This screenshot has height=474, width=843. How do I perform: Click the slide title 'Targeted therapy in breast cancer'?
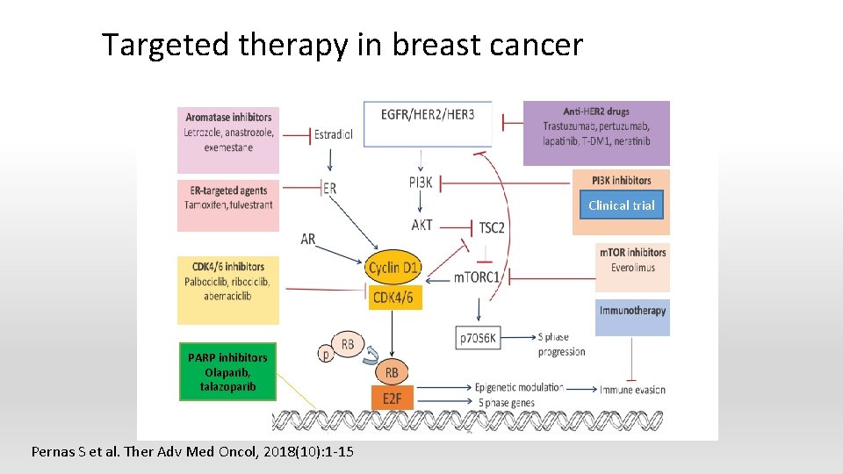[x=342, y=45]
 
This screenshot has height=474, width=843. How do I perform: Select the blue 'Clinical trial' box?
[x=621, y=205]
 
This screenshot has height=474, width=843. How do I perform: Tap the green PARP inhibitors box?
[x=227, y=371]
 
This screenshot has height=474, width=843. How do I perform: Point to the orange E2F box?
[x=392, y=400]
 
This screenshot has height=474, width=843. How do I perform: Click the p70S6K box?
[x=479, y=337]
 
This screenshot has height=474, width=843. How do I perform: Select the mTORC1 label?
[x=477, y=277]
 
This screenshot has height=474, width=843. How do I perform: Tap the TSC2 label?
[x=492, y=227]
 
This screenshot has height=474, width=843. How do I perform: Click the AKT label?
[x=421, y=225]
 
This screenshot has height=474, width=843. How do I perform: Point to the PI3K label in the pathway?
[x=421, y=183]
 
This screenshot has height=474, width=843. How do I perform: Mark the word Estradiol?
[x=335, y=135]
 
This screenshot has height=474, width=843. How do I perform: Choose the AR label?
[x=308, y=239]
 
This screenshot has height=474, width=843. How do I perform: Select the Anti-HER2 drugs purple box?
[x=596, y=133]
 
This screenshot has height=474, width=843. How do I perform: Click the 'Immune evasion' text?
[x=632, y=389]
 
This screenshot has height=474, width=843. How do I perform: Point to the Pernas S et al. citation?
[x=192, y=452]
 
